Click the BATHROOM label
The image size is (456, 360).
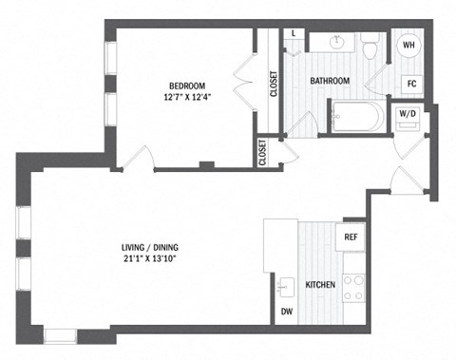point(330,81)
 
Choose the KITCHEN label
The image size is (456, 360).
point(319,284)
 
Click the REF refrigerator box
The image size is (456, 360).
point(350,237)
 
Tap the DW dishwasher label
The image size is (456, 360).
point(285,312)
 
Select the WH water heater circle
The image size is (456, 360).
point(408,45)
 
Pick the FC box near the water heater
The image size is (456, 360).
point(412,83)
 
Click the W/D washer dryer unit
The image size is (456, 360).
point(408,116)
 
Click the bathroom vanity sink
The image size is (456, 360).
point(335,42)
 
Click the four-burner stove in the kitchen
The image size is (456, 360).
point(354,286)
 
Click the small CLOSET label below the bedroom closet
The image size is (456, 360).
point(262,153)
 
